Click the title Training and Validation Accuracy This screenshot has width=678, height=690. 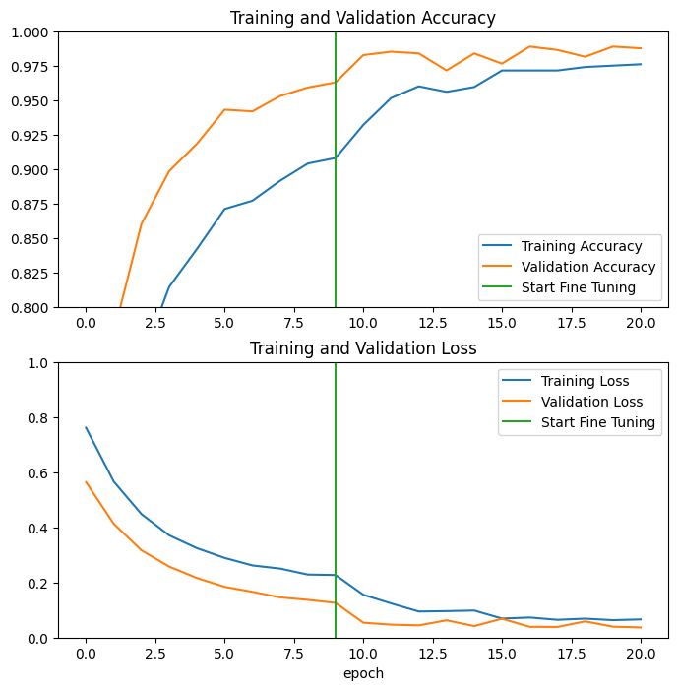tap(362, 18)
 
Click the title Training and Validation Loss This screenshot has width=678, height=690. tap(362, 348)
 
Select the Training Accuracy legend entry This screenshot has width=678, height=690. tap(581, 246)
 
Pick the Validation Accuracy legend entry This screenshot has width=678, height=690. tap(587, 267)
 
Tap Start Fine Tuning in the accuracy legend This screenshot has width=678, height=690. tap(578, 287)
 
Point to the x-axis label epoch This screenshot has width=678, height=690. tap(362, 674)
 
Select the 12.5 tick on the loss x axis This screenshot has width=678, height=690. tap(432, 653)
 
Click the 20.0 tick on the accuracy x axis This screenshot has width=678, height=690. tap(641, 322)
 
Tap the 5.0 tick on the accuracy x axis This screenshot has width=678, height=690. tap(224, 322)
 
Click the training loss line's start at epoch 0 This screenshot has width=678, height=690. tap(86, 427)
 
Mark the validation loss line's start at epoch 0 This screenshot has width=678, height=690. tap(86, 482)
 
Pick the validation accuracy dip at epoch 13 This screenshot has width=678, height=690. tap(446, 70)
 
